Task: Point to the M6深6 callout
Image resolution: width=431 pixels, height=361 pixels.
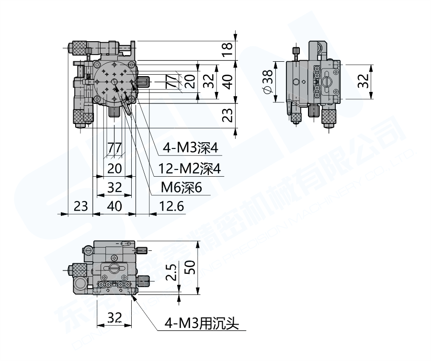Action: click(x=181, y=188)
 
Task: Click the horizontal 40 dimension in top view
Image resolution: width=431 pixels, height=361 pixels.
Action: click(x=114, y=206)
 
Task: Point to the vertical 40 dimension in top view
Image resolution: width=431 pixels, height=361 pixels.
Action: click(x=228, y=82)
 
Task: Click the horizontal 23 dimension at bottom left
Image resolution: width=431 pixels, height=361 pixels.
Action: click(x=81, y=206)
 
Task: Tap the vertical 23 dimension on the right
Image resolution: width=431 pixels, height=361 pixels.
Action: click(x=228, y=115)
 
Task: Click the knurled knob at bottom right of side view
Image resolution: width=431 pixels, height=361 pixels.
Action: click(x=329, y=115)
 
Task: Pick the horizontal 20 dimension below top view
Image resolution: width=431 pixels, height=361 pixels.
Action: click(x=114, y=168)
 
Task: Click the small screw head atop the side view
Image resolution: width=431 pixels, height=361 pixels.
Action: click(x=295, y=51)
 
